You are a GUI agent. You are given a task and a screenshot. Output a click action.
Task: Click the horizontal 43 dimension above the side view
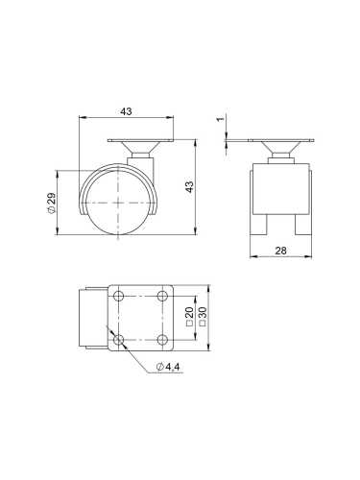pyautogui.click(x=127, y=112)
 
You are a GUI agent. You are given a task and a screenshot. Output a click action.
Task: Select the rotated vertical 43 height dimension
pyautogui.click(x=189, y=186)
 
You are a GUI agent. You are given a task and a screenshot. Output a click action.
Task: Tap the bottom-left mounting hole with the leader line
pyautogui.click(x=119, y=339)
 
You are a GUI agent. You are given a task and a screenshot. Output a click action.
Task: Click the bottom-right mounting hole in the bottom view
pyautogui.click(x=158, y=339)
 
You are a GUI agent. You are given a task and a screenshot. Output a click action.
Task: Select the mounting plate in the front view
pyautogui.click(x=283, y=144)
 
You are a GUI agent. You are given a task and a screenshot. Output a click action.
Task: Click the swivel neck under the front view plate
pyautogui.click(x=283, y=154)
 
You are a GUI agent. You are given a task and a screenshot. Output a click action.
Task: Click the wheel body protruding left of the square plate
pyautogui.click(x=91, y=320)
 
